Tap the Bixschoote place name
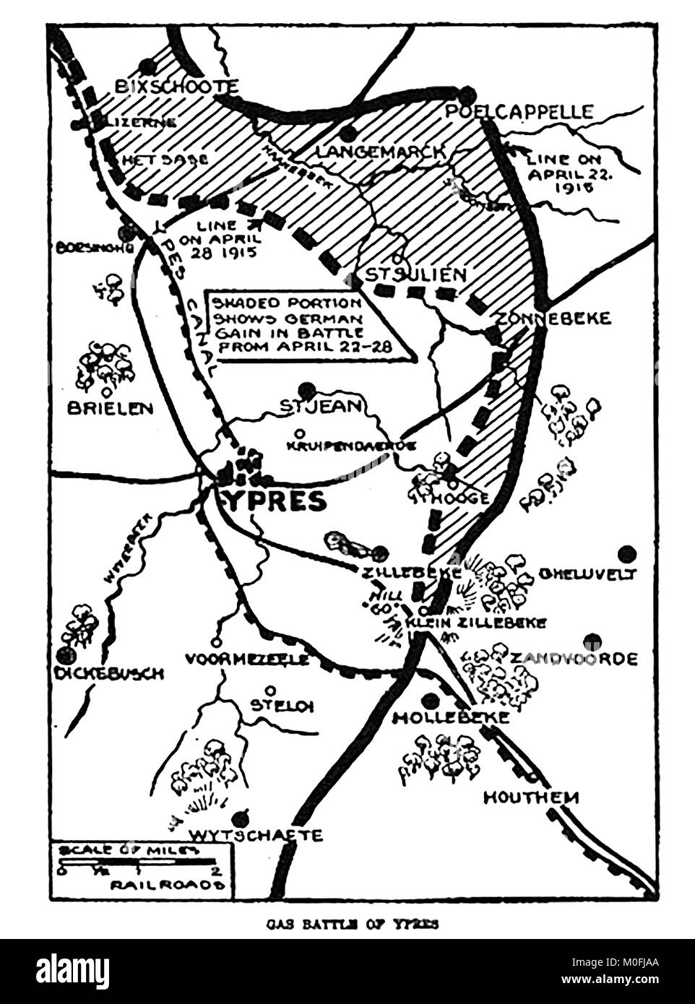(176, 87)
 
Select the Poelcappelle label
(520, 112)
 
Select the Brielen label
(111, 408)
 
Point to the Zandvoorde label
(574, 659)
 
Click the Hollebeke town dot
(432, 699)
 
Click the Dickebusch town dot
(67, 654)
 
